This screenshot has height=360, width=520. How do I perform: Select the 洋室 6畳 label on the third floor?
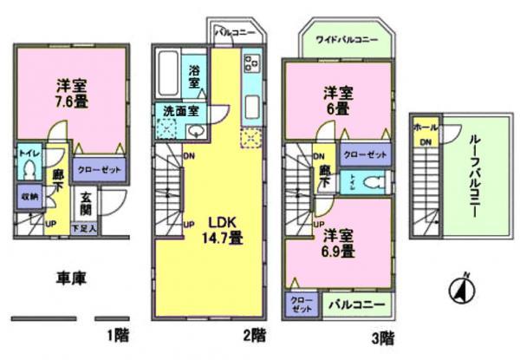coord(338,101)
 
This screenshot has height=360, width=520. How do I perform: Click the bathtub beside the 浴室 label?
coord(168,74)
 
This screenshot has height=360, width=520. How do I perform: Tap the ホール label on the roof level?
coord(426,125)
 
